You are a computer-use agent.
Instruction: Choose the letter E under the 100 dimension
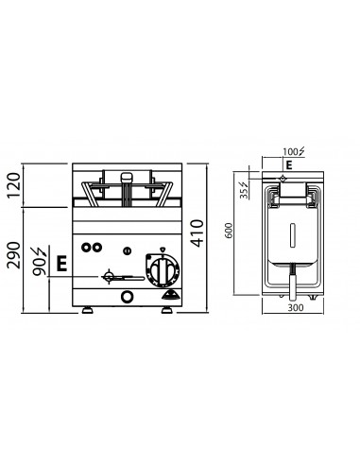[288, 164]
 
